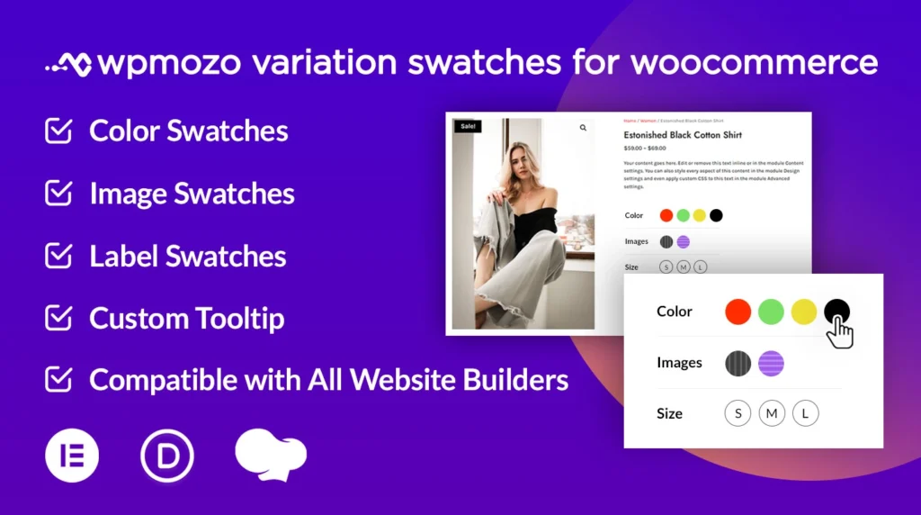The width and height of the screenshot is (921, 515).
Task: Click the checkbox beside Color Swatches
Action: (58, 131)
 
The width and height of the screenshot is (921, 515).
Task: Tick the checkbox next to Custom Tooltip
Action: (58, 318)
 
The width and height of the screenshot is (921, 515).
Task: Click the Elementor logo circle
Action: (72, 456)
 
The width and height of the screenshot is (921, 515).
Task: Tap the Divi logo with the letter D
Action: (166, 456)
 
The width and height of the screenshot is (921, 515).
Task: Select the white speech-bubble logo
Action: (269, 455)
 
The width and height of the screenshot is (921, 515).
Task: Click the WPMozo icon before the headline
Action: (68, 64)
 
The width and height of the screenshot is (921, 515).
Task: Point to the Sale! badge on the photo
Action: (468, 127)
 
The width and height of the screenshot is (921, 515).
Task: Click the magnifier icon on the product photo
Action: (583, 128)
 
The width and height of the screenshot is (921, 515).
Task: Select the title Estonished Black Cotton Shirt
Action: (683, 135)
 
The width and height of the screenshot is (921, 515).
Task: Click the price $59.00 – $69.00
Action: (645, 148)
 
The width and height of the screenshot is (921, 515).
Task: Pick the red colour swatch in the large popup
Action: (738, 312)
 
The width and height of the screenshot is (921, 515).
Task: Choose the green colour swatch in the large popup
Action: (771, 312)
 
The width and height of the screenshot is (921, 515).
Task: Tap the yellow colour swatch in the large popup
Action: (804, 312)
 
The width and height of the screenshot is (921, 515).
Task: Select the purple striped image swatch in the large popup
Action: (771, 363)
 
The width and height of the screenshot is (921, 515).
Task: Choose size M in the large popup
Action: (771, 414)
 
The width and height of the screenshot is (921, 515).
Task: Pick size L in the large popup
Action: (805, 414)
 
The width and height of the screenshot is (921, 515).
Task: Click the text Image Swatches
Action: (192, 194)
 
